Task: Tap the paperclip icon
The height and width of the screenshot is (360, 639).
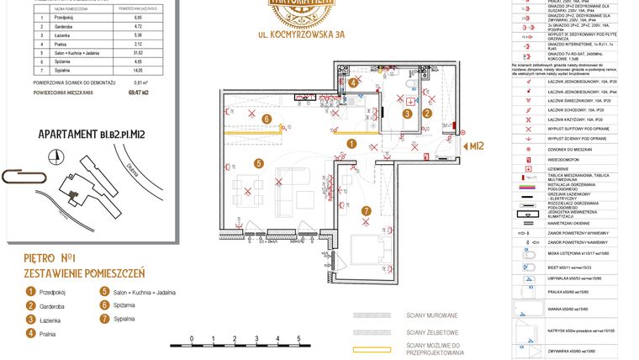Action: (x=18, y=176)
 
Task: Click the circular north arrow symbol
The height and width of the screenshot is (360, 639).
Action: (x=55, y=156)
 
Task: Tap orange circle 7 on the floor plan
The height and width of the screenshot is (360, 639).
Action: (x=366, y=210)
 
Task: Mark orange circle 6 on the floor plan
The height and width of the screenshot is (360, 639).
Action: (x=266, y=119)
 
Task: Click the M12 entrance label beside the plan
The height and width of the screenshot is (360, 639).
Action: (x=477, y=146)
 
